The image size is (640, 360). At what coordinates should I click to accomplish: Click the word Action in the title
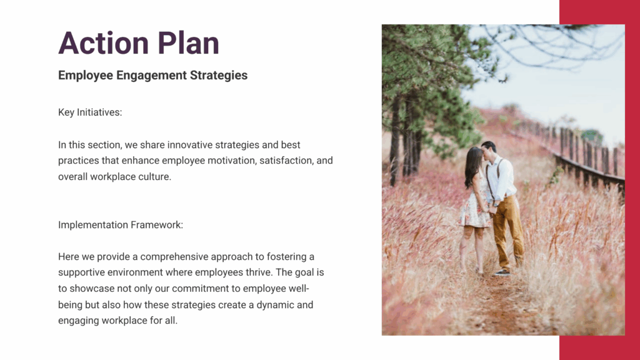click(x=103, y=43)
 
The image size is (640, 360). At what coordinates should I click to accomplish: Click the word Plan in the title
click(x=189, y=43)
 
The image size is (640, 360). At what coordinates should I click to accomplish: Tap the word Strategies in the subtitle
click(x=219, y=76)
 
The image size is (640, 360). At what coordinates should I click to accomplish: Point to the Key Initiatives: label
click(x=90, y=112)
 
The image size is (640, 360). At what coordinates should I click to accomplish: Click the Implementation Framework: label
click(x=121, y=225)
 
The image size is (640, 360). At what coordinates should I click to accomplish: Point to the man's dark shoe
click(x=502, y=272)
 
